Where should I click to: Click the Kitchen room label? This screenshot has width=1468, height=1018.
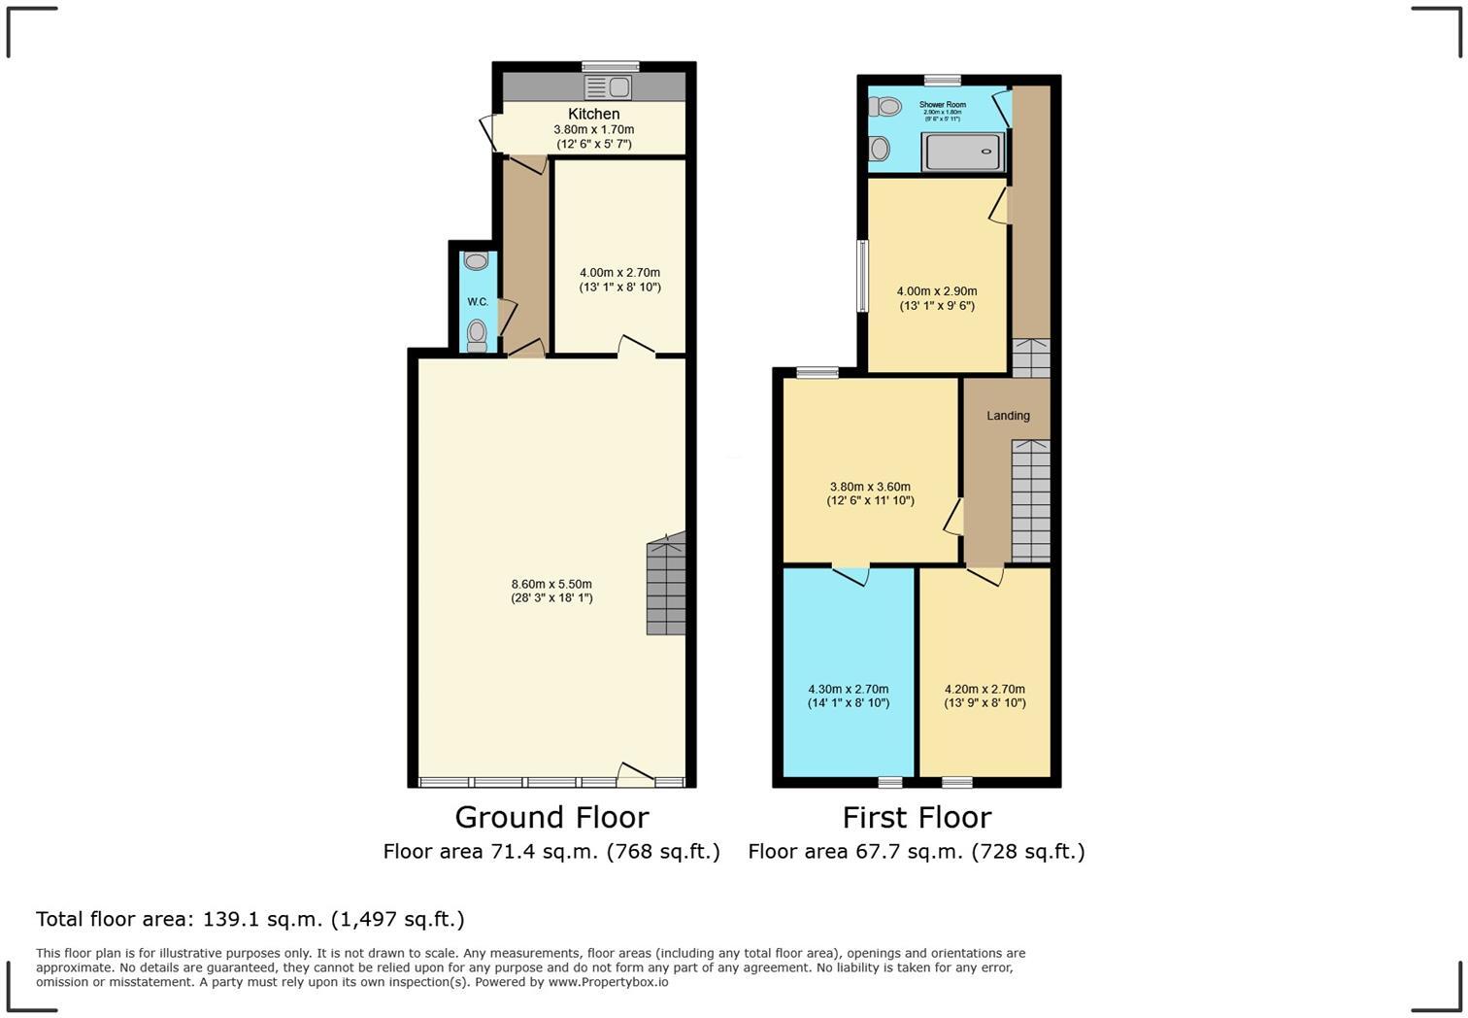(593, 114)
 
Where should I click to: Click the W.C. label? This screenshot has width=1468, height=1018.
(478, 302)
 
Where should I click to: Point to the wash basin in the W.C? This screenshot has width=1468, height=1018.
(476, 261)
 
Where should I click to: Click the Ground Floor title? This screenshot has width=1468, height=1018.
(551, 817)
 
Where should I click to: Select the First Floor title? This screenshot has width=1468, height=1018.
(917, 817)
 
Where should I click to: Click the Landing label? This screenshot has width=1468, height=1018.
(1008, 416)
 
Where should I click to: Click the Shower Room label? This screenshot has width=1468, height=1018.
(942, 104)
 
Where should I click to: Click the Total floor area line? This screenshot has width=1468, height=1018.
(250, 919)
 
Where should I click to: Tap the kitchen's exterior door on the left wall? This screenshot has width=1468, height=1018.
(488, 133)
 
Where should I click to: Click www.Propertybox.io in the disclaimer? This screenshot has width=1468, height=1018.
(608, 982)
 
